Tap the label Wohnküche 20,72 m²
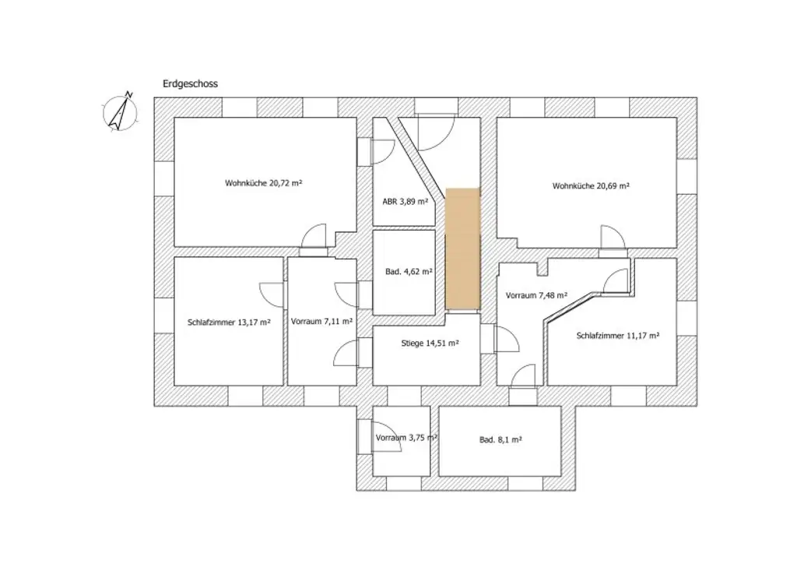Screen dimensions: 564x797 click(263, 184)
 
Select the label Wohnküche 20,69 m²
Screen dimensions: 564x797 click(591, 186)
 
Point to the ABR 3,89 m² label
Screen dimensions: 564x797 click(405, 201)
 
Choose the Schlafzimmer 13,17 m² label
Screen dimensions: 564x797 click(229, 322)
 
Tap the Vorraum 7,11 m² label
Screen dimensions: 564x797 click(321, 321)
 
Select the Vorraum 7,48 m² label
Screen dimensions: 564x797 click(535, 296)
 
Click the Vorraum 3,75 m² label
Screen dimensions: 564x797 click(406, 438)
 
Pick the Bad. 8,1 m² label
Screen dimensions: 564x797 click(500, 439)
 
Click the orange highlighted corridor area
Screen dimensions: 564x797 click(463, 248)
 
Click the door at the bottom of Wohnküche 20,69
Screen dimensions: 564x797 click(613, 238)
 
